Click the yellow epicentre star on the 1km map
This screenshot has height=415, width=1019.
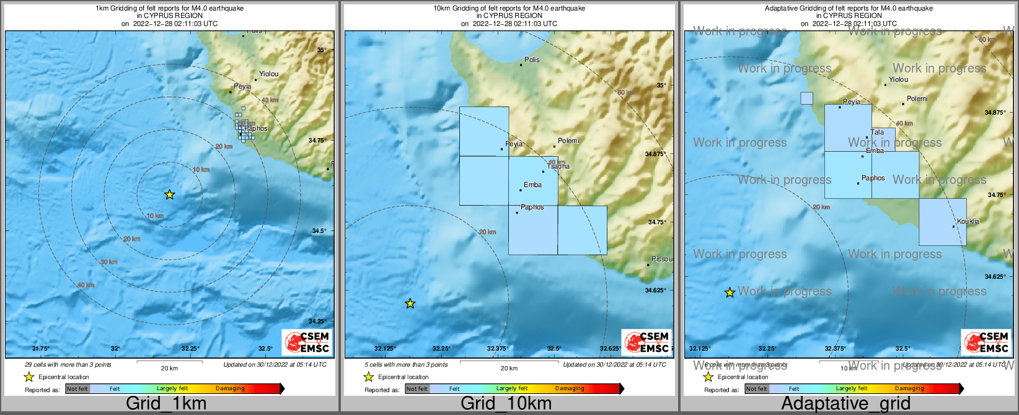[x=169, y=194]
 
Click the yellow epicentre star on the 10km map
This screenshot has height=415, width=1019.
[x=410, y=304]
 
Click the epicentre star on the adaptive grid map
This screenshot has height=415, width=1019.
[x=730, y=292]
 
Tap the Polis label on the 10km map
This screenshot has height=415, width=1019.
[x=532, y=60]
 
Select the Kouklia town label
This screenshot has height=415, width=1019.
[x=968, y=221]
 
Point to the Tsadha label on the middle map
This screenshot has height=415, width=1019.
[x=558, y=166]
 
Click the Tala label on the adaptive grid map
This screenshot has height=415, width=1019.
[x=877, y=132]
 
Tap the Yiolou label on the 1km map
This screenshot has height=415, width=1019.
[x=268, y=74]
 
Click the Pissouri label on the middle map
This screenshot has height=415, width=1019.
[x=662, y=259]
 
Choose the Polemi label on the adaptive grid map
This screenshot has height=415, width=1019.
[x=917, y=98]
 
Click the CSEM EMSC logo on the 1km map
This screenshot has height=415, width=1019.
[x=307, y=342]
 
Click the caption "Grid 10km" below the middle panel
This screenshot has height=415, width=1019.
[x=506, y=403]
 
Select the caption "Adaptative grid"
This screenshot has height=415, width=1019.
[x=845, y=403]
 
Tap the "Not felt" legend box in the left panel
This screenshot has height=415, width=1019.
[x=77, y=389]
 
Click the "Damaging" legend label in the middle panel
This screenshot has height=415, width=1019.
[x=570, y=389]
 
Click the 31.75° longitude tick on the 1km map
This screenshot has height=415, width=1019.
[x=41, y=349]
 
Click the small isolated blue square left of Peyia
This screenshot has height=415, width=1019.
[x=806, y=98]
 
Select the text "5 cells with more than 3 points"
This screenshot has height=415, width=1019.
[x=406, y=365]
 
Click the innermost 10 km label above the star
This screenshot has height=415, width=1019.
[x=201, y=170]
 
